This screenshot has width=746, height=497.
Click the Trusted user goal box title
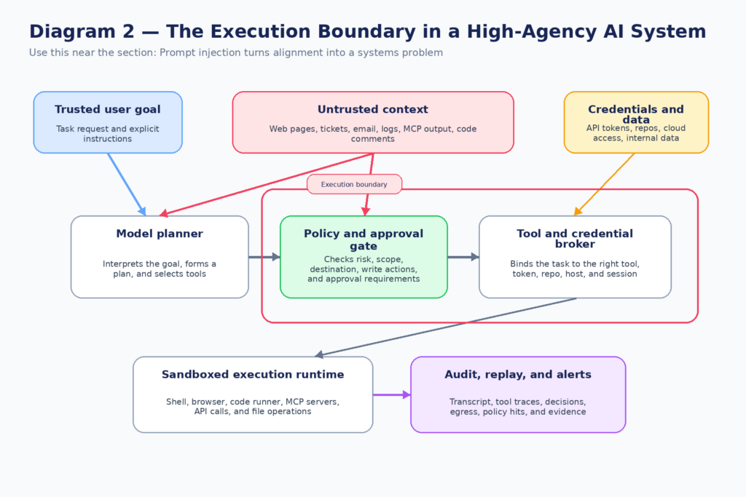[107, 110]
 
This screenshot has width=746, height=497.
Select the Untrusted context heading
[372, 110]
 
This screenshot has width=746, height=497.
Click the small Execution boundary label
[354, 184]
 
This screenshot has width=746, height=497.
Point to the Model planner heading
[160, 234]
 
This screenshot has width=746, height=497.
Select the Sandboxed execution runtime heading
[253, 375]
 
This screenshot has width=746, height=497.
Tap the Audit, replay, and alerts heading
[518, 375]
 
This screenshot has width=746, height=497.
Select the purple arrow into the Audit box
[391, 395]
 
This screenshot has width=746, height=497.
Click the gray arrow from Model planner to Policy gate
[264, 257]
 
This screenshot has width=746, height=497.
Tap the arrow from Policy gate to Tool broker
[463, 257]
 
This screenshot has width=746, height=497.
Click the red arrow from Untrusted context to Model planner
[270, 184]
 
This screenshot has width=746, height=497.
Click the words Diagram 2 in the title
[76, 32]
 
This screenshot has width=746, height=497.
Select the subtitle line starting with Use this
[235, 52]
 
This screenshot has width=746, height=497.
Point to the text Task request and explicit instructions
[107, 134]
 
